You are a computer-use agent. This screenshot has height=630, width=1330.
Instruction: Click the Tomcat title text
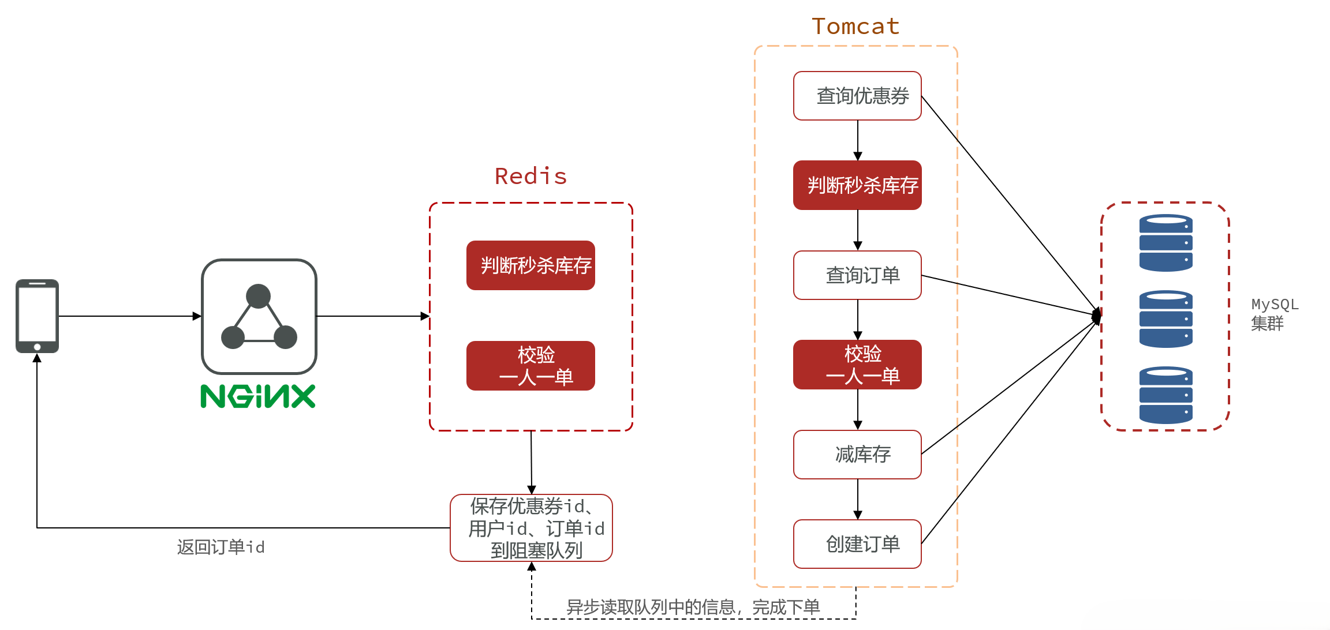pyautogui.click(x=855, y=27)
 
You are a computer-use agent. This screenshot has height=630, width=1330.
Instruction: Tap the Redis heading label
pyautogui.click(x=530, y=177)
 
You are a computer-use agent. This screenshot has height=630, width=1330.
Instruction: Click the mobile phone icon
pyautogui.click(x=37, y=316)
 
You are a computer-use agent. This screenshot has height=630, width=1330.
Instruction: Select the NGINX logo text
pyautogui.click(x=258, y=396)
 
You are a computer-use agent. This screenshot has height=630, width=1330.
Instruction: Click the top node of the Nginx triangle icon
pyautogui.click(x=258, y=295)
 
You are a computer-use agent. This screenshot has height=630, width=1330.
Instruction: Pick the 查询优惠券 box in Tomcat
pyautogui.click(x=857, y=96)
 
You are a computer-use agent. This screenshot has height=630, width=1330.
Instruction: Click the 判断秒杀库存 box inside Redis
pyautogui.click(x=530, y=265)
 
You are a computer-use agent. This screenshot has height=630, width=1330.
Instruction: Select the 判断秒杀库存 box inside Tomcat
pyautogui.click(x=857, y=185)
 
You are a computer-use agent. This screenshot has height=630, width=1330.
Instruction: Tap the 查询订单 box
pyautogui.click(x=857, y=275)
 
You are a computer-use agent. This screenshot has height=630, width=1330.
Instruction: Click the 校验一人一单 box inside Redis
pyautogui.click(x=530, y=366)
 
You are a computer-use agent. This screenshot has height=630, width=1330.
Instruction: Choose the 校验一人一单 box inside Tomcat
pyautogui.click(x=857, y=365)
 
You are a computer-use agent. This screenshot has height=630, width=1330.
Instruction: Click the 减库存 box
pyautogui.click(x=857, y=455)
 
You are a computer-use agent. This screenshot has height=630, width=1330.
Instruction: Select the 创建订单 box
pyautogui.click(x=857, y=544)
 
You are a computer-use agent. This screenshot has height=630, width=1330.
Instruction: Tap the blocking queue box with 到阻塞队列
pyautogui.click(x=531, y=528)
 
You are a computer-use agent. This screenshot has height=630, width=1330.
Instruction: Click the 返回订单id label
pyautogui.click(x=221, y=547)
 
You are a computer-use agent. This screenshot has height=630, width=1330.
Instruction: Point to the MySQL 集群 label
pyautogui.click(x=1274, y=314)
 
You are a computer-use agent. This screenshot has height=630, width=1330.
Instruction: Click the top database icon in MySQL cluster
pyautogui.click(x=1165, y=243)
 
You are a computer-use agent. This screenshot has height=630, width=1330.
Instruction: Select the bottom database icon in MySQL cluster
pyautogui.click(x=1165, y=395)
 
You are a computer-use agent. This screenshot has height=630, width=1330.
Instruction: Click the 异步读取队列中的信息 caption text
pyautogui.click(x=693, y=607)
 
